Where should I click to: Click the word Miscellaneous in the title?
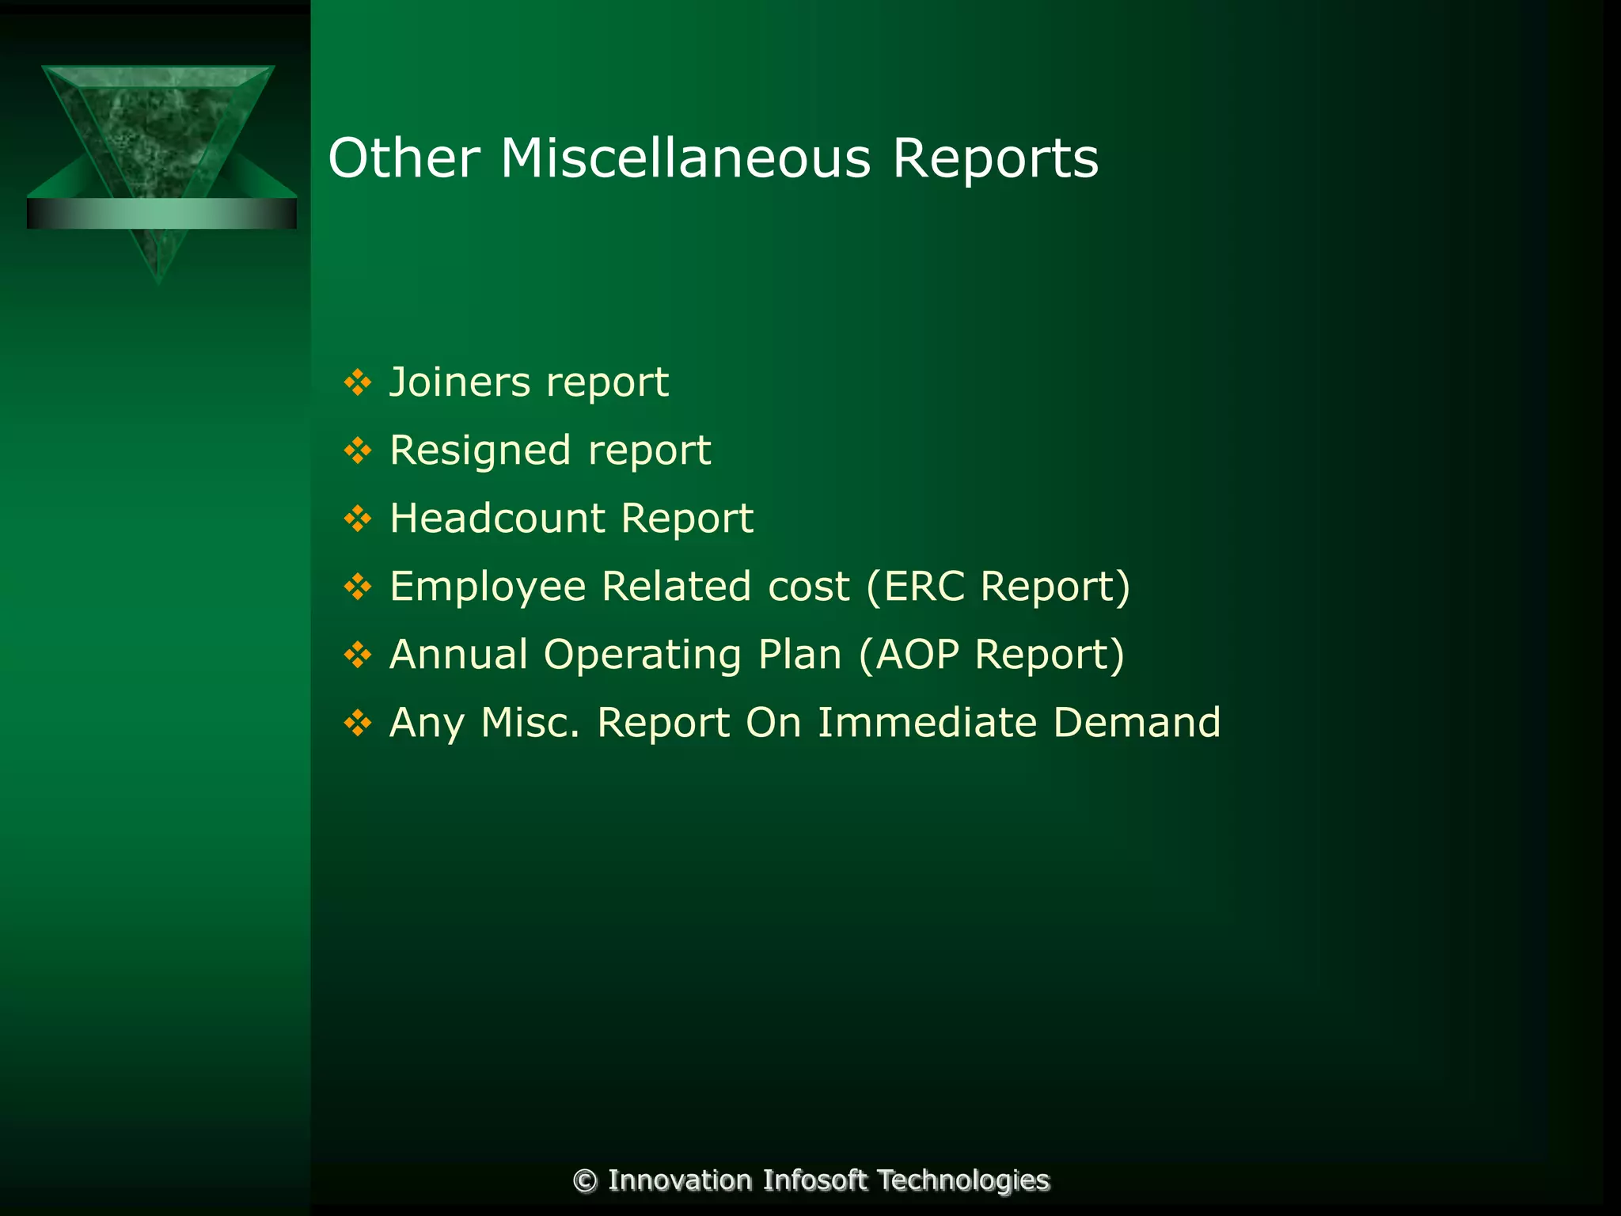click(x=685, y=158)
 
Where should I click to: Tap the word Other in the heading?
click(x=404, y=158)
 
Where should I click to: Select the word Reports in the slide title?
click(x=995, y=158)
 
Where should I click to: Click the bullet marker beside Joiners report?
click(x=358, y=382)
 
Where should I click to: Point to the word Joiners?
click(x=460, y=382)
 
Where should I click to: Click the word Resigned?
click(x=480, y=451)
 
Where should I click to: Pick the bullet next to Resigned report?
click(x=358, y=451)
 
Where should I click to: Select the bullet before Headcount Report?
click(x=358, y=519)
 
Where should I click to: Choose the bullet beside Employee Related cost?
click(x=358, y=587)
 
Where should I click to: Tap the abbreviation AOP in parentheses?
click(x=917, y=655)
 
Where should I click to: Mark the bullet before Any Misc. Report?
click(x=358, y=724)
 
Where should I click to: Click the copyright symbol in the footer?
click(x=585, y=1181)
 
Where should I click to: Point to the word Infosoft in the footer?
click(x=815, y=1180)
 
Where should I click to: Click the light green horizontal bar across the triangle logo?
click(x=161, y=214)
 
